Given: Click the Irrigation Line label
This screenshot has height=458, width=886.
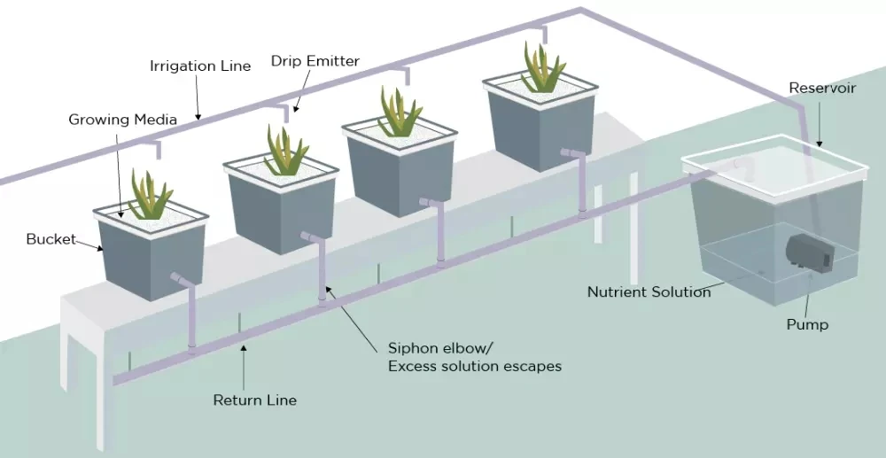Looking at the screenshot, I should tap(200, 66).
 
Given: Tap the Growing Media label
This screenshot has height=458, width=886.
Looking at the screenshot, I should tap(123, 120).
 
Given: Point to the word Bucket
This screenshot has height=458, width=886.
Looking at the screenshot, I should tap(50, 239).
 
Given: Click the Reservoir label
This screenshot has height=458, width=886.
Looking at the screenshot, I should tap(822, 89).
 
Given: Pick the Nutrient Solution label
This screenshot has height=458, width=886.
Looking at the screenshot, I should tap(649, 291).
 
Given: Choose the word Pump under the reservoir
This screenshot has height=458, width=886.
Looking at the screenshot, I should tap(807, 324).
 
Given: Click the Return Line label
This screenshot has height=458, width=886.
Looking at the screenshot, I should tap(254, 400).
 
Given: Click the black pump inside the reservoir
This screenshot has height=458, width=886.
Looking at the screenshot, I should tap(808, 252).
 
